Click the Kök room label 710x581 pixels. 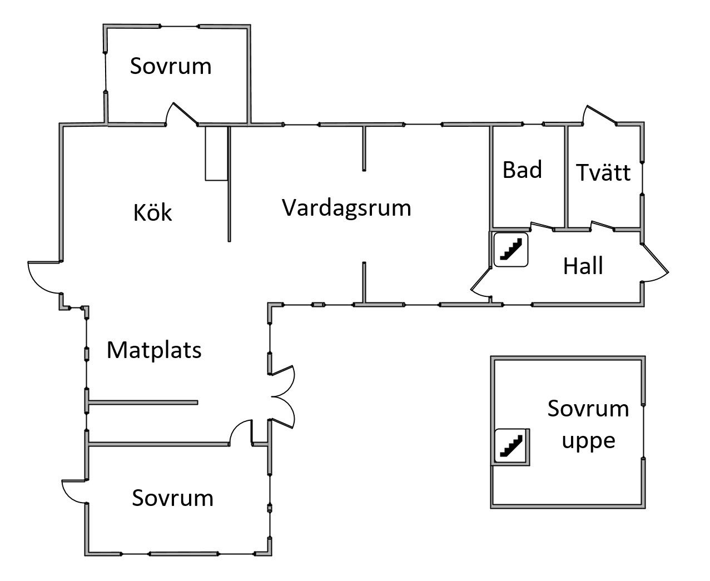(x=153, y=213)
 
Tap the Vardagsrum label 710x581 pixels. (x=346, y=208)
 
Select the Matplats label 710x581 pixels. (x=154, y=350)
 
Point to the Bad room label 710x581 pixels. (x=522, y=170)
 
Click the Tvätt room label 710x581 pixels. (x=603, y=173)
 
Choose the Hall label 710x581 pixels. (x=583, y=266)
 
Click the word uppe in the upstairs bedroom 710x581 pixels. (x=588, y=441)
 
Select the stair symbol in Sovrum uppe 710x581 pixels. (x=512, y=446)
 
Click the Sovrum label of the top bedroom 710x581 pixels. (x=171, y=66)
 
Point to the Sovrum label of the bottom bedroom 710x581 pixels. (x=172, y=498)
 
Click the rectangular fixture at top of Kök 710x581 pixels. (x=216, y=153)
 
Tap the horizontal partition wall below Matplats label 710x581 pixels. (x=143, y=402)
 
